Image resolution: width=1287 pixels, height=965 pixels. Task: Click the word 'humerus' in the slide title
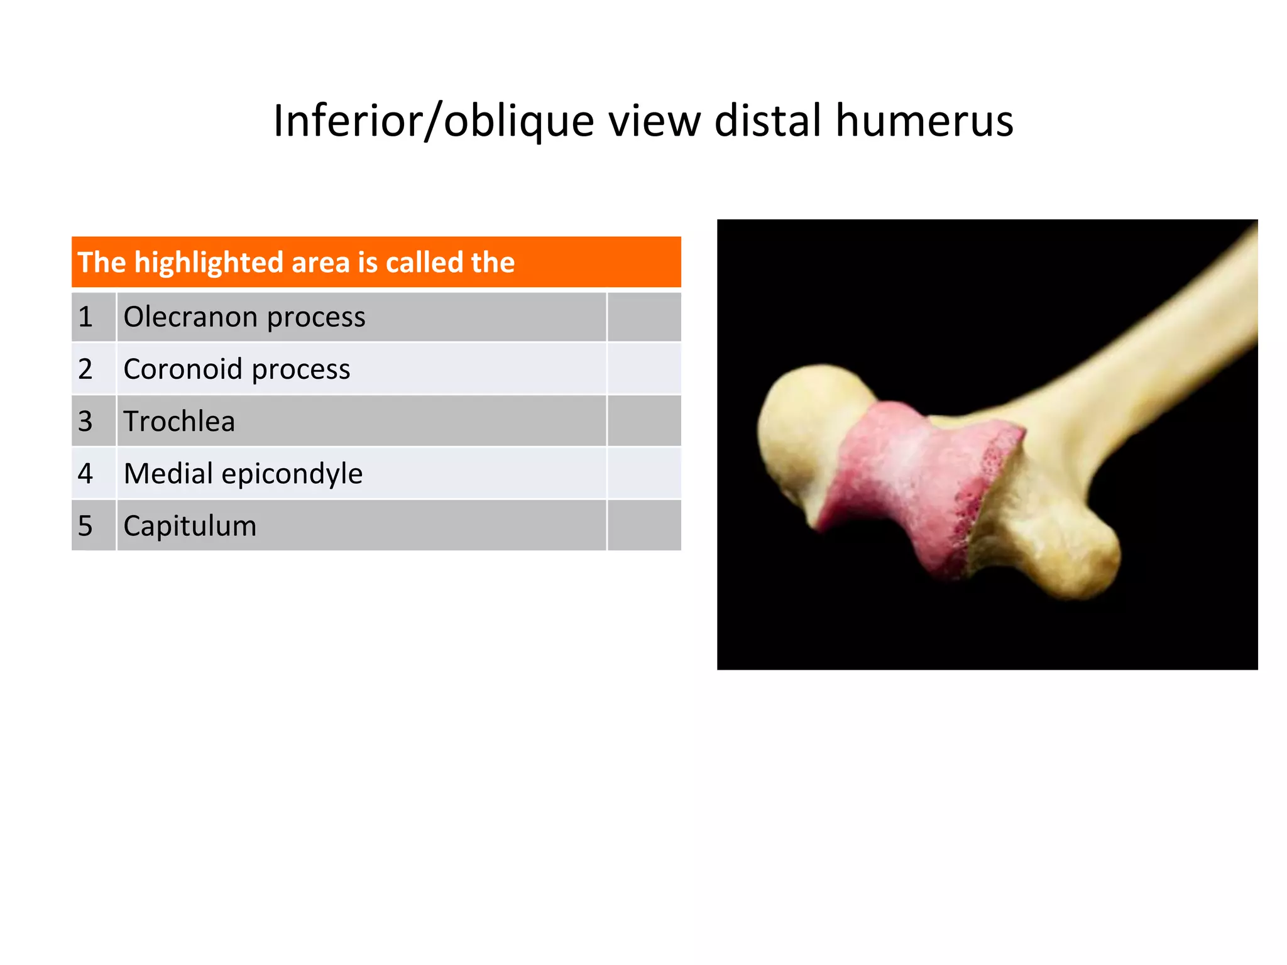(924, 121)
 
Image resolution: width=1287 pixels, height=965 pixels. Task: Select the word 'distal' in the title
(768, 121)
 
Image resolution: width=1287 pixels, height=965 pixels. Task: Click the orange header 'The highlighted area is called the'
(376, 262)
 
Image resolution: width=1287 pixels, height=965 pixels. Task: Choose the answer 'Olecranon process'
(244, 317)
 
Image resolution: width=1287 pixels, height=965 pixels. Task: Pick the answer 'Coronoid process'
(237, 369)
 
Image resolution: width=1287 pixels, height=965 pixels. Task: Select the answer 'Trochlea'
(179, 421)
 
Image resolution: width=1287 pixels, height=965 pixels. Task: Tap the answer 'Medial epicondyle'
(243, 473)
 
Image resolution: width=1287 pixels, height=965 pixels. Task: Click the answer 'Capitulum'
(190, 525)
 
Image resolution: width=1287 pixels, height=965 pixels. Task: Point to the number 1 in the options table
(85, 317)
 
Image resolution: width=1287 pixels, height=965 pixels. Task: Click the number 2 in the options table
(85, 369)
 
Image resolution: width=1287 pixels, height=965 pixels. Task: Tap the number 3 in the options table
(85, 421)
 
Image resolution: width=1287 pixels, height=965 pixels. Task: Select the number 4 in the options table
(85, 473)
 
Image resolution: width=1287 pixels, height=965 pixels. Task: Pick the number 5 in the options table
(85, 525)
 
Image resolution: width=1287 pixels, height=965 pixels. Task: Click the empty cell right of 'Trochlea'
(644, 421)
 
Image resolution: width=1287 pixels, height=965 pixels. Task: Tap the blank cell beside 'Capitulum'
(644, 525)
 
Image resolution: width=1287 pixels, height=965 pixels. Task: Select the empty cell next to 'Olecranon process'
(644, 317)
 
